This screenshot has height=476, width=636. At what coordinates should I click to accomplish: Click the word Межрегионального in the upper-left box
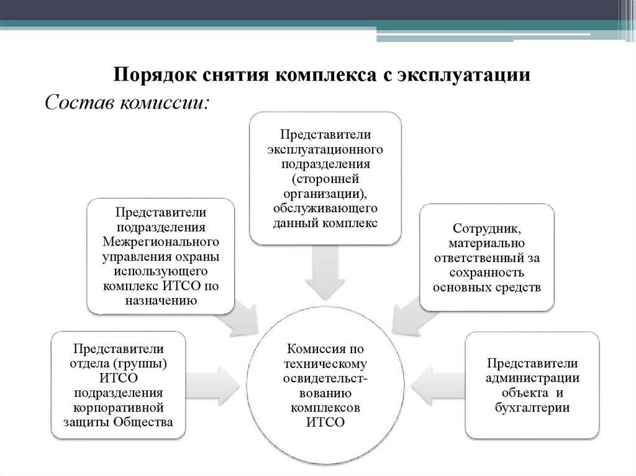click(x=161, y=241)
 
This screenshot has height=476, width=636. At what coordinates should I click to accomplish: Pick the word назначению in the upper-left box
click(x=160, y=300)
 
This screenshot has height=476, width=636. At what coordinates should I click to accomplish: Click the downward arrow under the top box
click(x=325, y=269)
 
